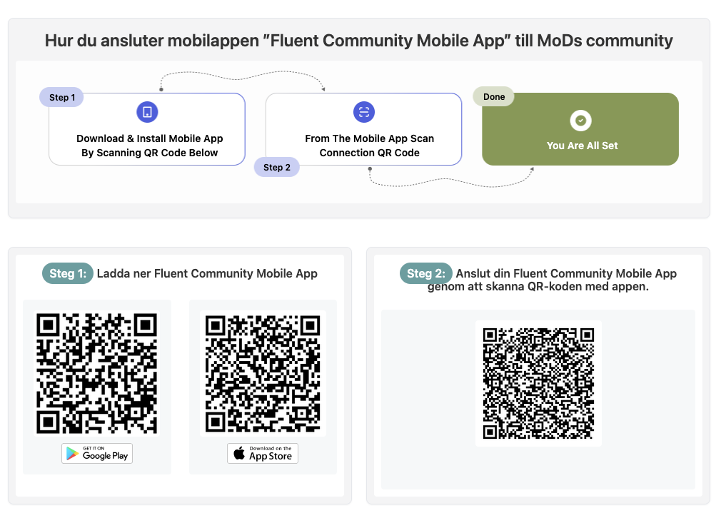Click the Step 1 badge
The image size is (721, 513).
(61, 98)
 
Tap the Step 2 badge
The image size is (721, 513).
(277, 168)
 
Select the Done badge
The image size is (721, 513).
(494, 96)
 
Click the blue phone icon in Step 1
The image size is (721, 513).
(147, 112)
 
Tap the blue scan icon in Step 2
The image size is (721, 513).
(364, 112)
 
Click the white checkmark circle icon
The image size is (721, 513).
(581, 121)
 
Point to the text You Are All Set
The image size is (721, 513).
(582, 146)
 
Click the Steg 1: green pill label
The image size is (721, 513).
(68, 273)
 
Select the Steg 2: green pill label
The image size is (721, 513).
(425, 273)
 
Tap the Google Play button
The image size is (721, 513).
(97, 453)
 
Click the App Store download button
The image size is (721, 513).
(263, 453)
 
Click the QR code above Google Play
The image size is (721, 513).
(96, 373)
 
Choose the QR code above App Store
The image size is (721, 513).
(263, 373)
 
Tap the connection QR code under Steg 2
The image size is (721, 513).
(538, 383)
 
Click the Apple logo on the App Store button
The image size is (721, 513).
(239, 453)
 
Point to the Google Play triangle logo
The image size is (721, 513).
(71, 454)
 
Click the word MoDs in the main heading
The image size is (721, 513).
(559, 41)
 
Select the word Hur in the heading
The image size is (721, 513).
(59, 41)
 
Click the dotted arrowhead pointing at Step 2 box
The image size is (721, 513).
(323, 88)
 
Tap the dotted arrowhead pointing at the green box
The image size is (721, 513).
(532, 169)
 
